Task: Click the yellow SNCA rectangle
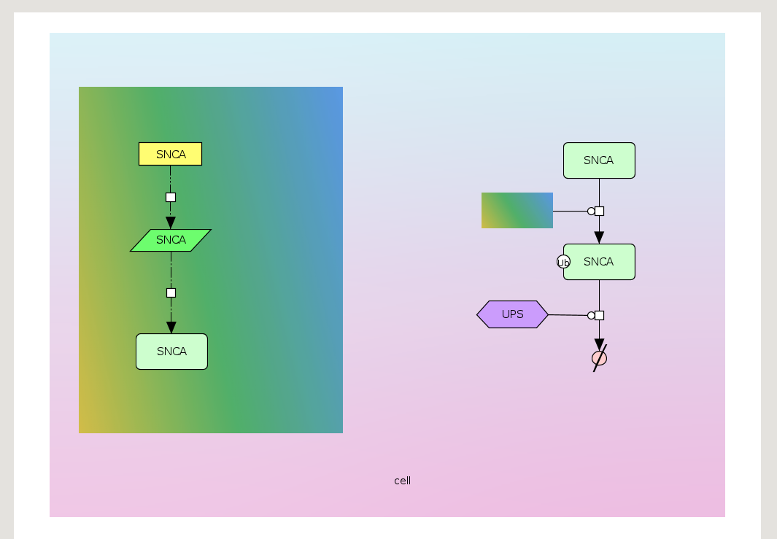170,154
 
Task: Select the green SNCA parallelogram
171,240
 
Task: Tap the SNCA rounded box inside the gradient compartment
171,352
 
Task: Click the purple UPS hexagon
512,314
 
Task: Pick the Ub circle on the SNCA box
563,262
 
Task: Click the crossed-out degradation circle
599,358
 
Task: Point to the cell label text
402,481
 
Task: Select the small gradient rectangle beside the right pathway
517,210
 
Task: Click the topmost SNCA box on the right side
599,160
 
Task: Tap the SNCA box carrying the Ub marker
603,262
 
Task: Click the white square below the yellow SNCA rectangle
171,197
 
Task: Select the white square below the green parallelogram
171,292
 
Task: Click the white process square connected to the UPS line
599,315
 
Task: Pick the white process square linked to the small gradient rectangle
599,211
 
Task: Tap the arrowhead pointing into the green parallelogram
171,222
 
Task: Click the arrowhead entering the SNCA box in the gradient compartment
171,327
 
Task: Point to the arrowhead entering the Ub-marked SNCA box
599,237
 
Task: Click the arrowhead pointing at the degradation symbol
599,344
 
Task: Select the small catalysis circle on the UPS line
591,315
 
